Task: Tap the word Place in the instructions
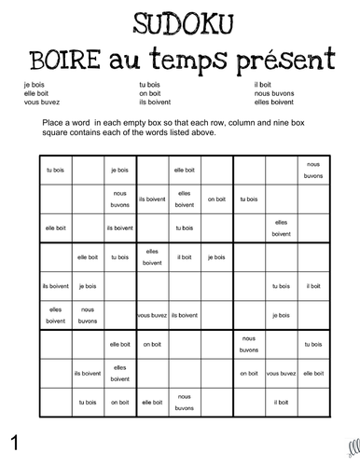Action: coord(53,122)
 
